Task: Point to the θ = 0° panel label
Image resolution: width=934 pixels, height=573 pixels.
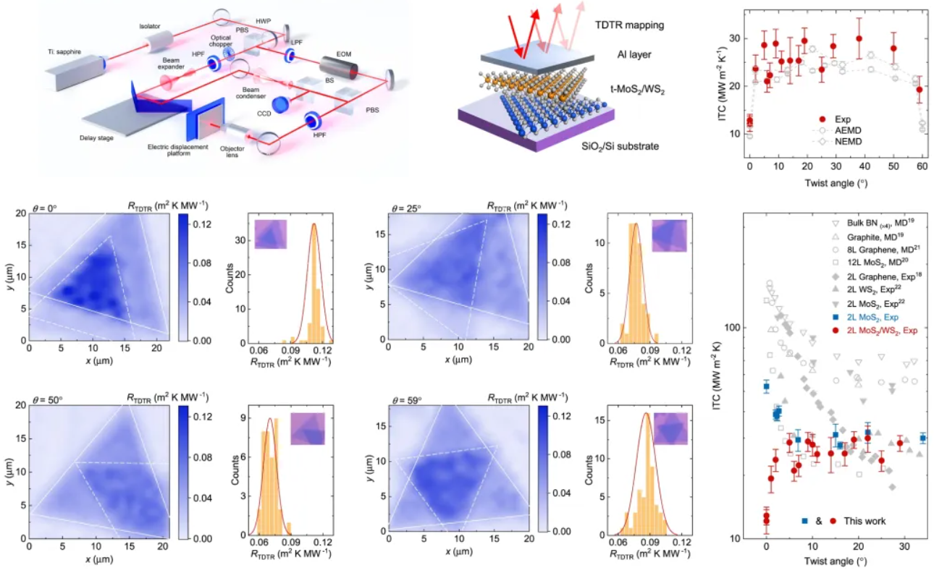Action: tap(44, 207)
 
